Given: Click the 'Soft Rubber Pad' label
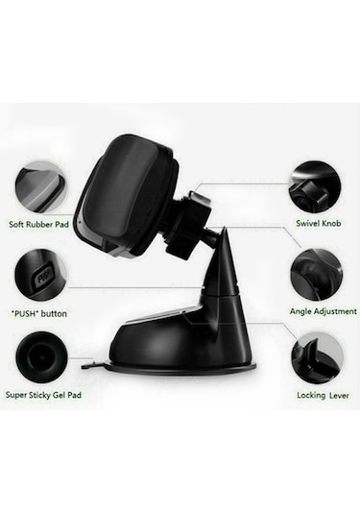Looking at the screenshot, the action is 38,225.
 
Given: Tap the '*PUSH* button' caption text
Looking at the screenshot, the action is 39,314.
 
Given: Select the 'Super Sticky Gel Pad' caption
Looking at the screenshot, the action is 43,395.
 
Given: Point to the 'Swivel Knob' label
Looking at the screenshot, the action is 319,223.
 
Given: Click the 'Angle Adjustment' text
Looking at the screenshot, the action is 323,311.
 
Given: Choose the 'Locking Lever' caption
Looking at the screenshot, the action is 323,395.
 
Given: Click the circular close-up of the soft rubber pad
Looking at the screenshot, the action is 41,189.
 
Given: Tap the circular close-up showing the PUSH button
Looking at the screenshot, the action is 41,276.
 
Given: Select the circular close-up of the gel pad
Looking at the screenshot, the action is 41,357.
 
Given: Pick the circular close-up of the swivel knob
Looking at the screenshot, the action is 315,187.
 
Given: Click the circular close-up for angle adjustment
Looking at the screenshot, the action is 317,275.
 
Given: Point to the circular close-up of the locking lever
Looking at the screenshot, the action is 318,358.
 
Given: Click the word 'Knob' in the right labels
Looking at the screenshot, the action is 331,223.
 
